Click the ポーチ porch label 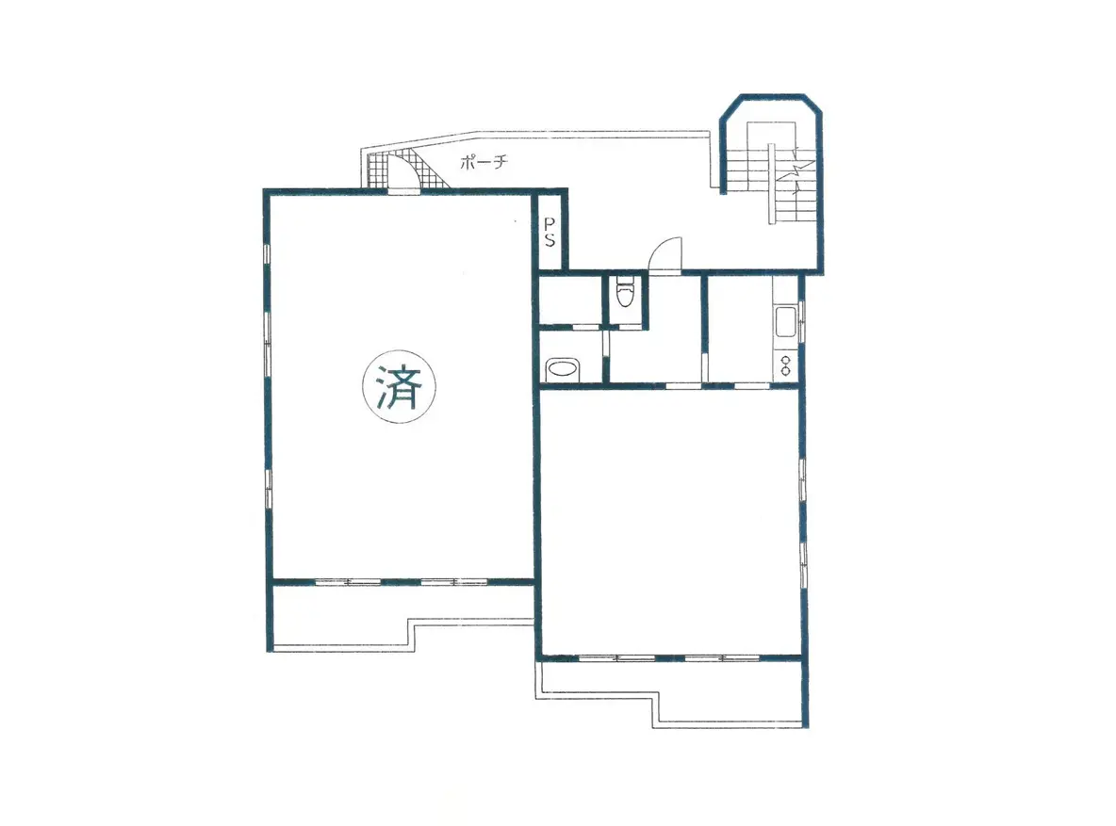(x=484, y=162)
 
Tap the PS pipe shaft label (x=550, y=232)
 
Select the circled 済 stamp (x=400, y=387)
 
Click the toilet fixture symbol (x=624, y=292)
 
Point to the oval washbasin (x=564, y=370)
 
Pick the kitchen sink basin (x=786, y=321)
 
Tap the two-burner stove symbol (x=785, y=365)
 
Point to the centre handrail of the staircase (x=772, y=184)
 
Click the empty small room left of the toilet (x=570, y=300)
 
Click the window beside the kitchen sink (x=801, y=321)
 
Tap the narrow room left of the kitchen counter (x=739, y=328)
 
